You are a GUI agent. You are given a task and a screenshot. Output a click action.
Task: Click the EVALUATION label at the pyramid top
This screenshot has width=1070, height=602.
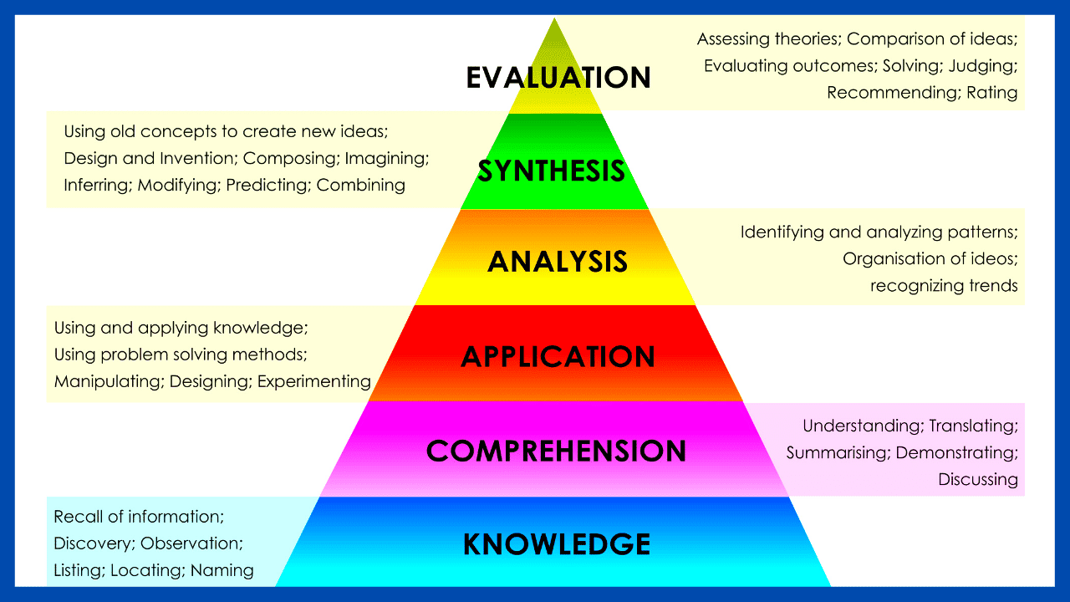click(x=558, y=77)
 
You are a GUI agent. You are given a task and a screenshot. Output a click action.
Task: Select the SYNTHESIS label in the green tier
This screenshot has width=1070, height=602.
click(x=552, y=171)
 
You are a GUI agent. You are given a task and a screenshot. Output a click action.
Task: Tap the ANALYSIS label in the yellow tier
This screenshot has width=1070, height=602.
click(x=558, y=262)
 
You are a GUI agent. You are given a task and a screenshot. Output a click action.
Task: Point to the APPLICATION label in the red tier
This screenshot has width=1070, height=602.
click(x=558, y=357)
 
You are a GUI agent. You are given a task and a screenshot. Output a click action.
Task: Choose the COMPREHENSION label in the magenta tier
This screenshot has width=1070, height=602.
click(x=556, y=451)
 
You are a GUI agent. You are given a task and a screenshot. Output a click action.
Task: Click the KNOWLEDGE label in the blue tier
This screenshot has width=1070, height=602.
click(x=557, y=544)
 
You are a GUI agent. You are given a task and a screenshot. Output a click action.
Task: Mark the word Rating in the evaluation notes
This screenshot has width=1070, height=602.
click(x=992, y=92)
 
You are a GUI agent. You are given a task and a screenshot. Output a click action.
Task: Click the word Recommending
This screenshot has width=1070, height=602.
click(x=891, y=92)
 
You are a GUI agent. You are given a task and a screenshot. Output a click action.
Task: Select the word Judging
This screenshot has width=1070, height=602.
click(x=984, y=65)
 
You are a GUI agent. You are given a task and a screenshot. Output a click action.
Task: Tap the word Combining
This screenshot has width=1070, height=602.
click(x=360, y=185)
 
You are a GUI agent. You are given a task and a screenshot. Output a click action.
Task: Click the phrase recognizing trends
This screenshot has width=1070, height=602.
click(x=944, y=286)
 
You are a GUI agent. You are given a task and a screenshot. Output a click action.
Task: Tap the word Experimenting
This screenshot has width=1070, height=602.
click(x=314, y=381)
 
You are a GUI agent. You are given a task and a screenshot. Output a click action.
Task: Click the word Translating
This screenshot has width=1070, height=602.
click(x=973, y=426)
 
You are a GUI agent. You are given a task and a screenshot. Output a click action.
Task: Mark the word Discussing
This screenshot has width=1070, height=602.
click(x=978, y=479)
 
